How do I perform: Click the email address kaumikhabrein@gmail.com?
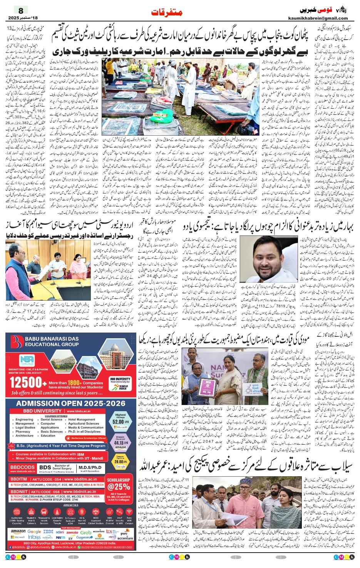(x=318, y=18)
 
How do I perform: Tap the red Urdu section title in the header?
(x=167, y=12)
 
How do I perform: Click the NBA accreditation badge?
(x=27, y=360)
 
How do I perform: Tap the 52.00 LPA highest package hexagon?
(x=121, y=421)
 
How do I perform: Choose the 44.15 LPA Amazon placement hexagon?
(x=121, y=442)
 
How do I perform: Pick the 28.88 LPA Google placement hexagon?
(x=121, y=461)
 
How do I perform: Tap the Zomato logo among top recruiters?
(x=72, y=532)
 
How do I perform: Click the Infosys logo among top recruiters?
(x=34, y=537)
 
